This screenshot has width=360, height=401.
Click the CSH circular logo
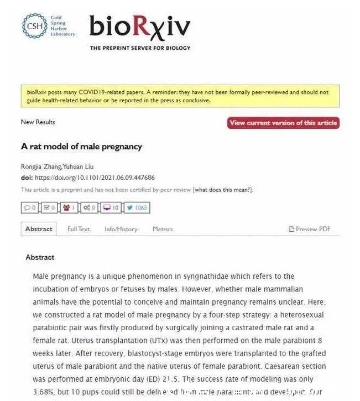pyautogui.click(x=34, y=25)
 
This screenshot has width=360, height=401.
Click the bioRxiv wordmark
pyautogui.click(x=140, y=26)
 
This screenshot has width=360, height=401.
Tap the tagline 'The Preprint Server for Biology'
pyautogui.click(x=140, y=48)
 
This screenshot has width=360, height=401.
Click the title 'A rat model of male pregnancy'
pyautogui.click(x=81, y=147)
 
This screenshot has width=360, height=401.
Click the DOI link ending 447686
pyautogui.click(x=95, y=178)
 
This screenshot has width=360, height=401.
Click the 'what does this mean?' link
pyautogui.click(x=223, y=190)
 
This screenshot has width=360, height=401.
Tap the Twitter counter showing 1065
pyautogui.click(x=137, y=208)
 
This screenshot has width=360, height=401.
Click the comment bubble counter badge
pyautogui.click(x=29, y=208)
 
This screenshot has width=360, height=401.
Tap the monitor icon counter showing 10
pyautogui.click(x=111, y=208)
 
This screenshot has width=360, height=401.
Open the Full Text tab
pyautogui.click(x=79, y=229)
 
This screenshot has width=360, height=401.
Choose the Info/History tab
pyautogui.click(x=121, y=229)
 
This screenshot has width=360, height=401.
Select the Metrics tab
pyautogui.click(x=163, y=229)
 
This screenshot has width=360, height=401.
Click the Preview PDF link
pyautogui.click(x=310, y=229)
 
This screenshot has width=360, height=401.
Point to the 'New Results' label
pyautogui.click(x=38, y=122)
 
